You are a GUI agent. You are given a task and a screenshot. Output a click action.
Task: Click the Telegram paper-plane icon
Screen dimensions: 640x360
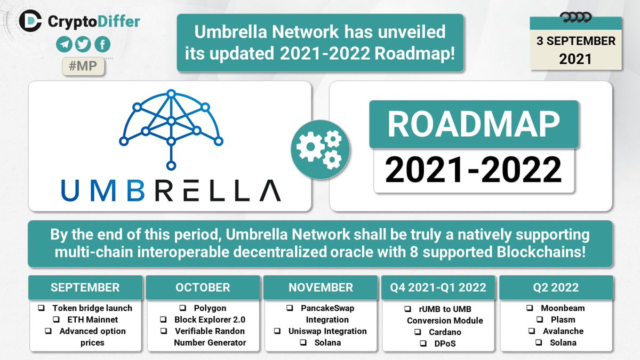pos(64,44)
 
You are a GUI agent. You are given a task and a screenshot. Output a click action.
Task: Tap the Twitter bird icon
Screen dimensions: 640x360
pos(83,44)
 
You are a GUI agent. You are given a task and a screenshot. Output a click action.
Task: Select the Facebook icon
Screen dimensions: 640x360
pos(102,44)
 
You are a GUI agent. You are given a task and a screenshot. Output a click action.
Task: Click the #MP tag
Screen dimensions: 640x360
pos(83,66)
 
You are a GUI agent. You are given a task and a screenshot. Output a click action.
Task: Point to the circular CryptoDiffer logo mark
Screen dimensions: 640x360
pos(30,21)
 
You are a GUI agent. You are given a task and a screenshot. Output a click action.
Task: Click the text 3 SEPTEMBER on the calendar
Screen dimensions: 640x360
pos(575,41)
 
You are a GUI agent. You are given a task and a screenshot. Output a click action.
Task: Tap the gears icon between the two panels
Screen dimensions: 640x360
pos(320,149)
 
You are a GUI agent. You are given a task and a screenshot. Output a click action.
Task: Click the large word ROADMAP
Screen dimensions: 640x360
pos(474,124)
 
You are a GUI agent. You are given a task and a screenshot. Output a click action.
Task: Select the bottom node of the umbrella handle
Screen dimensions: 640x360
pos(171,165)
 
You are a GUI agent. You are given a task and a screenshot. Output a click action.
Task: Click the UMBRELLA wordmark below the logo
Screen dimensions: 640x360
pos(171,190)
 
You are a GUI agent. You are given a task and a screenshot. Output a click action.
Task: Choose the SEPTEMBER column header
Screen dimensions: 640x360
pos(85,287)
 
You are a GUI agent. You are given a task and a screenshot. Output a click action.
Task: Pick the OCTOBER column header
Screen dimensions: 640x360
pos(203,287)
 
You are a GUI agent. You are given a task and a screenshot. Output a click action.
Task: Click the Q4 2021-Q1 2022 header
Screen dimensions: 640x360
pos(438,287)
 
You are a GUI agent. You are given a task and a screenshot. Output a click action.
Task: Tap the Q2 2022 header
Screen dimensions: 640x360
pos(556,287)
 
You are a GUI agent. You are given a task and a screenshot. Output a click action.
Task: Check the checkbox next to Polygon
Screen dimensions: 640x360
pos(182,308)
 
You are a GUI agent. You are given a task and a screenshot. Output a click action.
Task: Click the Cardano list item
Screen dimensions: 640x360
pos(445,332)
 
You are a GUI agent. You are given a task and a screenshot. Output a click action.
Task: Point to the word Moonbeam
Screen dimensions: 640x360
pos(563,308)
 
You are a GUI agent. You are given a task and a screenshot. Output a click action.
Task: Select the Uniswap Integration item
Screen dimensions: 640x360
pos(327,331)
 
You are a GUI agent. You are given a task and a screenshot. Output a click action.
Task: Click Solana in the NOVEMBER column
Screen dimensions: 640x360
pos(327,342)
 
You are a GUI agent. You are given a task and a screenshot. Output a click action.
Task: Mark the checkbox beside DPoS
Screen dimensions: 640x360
pos(423,343)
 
